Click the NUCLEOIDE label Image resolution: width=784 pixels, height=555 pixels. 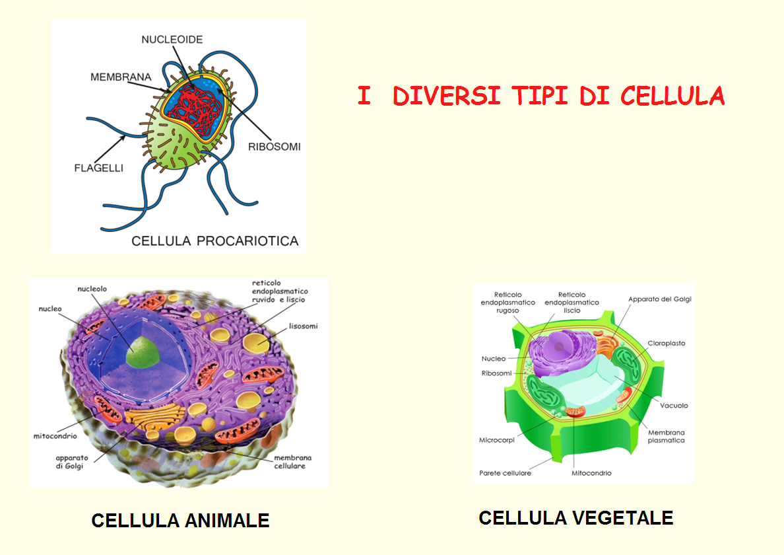[172, 40]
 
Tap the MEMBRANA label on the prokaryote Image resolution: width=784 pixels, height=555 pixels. [121, 77]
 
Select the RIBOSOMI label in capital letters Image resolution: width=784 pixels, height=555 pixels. [275, 147]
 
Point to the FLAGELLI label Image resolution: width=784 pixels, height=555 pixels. [98, 168]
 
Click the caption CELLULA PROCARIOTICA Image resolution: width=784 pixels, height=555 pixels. [215, 241]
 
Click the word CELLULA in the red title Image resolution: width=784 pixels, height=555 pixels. [672, 96]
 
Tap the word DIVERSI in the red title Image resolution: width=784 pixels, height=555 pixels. [447, 96]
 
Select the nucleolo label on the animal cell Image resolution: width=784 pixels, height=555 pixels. [92, 289]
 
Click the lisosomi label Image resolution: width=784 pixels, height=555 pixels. [303, 326]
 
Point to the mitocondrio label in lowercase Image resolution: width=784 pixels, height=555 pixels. [55, 436]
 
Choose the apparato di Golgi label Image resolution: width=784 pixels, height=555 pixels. [71, 462]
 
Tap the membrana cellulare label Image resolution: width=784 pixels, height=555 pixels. [292, 462]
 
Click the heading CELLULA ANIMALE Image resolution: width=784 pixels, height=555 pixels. [181, 521]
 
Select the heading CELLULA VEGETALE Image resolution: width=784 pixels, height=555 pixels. [576, 518]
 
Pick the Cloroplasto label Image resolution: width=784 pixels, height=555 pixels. [667, 344]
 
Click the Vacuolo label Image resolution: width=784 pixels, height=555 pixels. [674, 406]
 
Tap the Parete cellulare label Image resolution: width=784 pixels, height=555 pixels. [505, 473]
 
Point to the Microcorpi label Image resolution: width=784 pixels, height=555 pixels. [496, 440]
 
